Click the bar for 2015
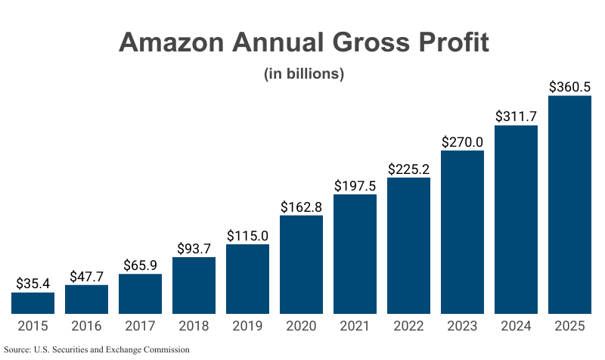pos(33,303)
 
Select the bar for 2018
pos(194,285)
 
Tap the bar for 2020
pos(301,264)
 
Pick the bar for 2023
pos(462,231)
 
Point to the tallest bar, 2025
pos(569,204)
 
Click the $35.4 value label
pos(33,284)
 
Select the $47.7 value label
pos(86,276)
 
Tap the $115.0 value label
pos(247,235)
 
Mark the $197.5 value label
pos(355,186)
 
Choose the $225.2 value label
pos(408,169)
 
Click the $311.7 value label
pos(516,116)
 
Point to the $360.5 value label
pos(569,87)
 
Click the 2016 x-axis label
pos(86,327)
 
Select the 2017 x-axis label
pos(140,327)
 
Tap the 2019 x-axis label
pos(247,327)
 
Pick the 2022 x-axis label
pos(408,327)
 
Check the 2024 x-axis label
pos(516,327)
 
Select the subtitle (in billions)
pos(303,74)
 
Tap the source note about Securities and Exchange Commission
pos(96,349)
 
